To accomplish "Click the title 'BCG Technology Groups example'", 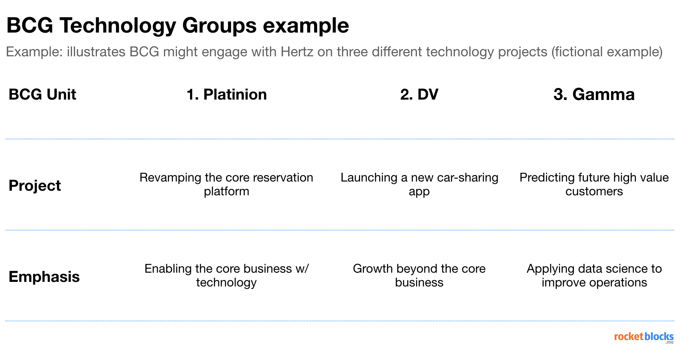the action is point(178,26).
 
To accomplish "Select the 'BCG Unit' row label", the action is point(42,95).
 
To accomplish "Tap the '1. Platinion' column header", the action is point(226,95).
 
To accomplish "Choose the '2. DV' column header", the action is point(419,95).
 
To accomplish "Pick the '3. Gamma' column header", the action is point(594,95).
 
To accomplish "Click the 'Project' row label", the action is point(34,186).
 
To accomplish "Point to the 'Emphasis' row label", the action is point(44,277).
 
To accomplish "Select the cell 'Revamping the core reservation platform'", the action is point(226,184).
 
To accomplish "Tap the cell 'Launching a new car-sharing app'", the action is point(419,184).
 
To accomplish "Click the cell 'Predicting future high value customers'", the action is point(594,184).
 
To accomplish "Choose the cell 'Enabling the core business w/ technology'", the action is point(226,275).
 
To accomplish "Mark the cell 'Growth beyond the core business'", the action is point(419,275).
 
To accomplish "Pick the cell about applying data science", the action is point(594,275).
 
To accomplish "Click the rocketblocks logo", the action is point(644,337).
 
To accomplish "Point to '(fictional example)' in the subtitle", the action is point(607,52).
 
